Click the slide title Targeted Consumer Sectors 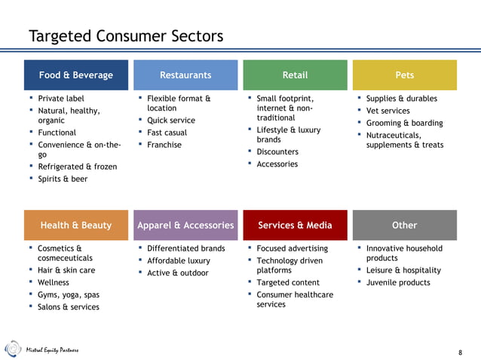click(x=126, y=36)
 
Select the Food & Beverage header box click(x=76, y=75)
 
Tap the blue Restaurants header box click(x=185, y=75)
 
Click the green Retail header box click(x=295, y=75)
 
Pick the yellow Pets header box click(x=404, y=75)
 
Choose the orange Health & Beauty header click(x=76, y=225)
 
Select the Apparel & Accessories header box click(x=185, y=225)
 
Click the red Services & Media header click(x=295, y=225)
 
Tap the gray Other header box click(x=404, y=225)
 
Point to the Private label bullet click(x=61, y=99)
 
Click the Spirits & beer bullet click(x=63, y=178)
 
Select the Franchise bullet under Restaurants click(x=164, y=145)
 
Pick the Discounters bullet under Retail click(x=277, y=151)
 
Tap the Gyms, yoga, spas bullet click(x=68, y=294)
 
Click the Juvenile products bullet click(x=398, y=282)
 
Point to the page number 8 click(x=461, y=352)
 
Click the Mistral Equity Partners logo click(x=41, y=350)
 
